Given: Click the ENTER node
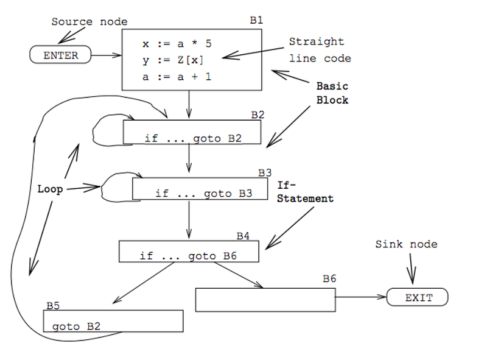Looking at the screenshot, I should click(x=61, y=55).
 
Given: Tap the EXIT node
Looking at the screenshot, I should click(x=419, y=298).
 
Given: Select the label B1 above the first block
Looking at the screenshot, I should click(x=256, y=20).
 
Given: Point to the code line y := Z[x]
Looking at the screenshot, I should click(x=173, y=60).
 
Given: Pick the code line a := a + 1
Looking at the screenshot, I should click(x=177, y=77).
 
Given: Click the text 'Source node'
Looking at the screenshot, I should click(x=89, y=22).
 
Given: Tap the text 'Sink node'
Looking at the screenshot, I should click(x=406, y=244).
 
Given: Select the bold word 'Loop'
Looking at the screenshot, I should click(x=50, y=189).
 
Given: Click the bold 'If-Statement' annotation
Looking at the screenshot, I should click(x=305, y=191).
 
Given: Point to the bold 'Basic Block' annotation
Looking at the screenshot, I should click(x=332, y=93).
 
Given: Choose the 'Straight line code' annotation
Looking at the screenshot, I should click(x=319, y=50).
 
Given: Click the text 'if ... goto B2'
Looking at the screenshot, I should click(x=193, y=138).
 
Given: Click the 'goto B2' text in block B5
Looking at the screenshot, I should click(x=76, y=326).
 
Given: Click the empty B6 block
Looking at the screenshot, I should click(x=265, y=300).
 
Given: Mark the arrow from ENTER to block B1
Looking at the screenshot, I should click(x=108, y=55).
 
